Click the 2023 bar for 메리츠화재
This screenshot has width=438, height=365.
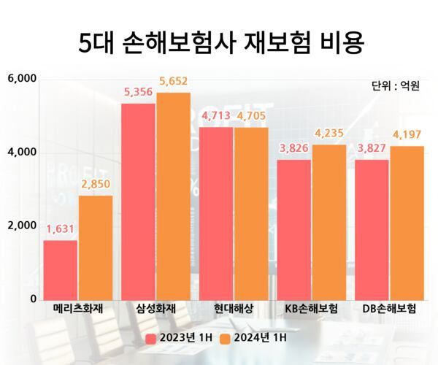tap(61, 269)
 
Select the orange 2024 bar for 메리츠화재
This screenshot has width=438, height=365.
tap(96, 247)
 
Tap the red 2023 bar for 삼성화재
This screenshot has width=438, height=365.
tap(138, 201)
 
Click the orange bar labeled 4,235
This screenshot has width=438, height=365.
tap(328, 222)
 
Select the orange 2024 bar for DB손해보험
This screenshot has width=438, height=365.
tap(407, 223)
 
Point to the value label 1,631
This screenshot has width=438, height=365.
tap(61, 230)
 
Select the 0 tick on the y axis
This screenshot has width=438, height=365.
tap(34, 299)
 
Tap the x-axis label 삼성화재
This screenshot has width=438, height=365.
tap(155, 309)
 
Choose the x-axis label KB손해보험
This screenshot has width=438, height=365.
tap(312, 309)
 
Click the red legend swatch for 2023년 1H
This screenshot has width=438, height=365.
tap(151, 338)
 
